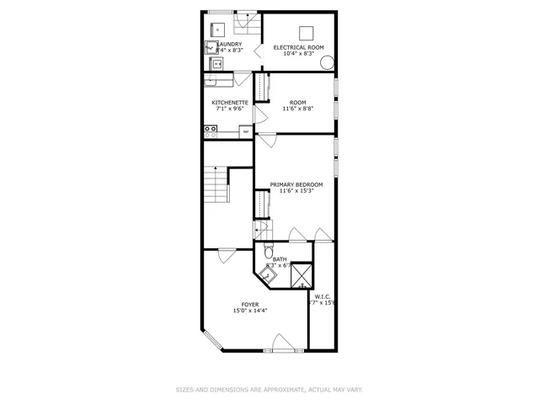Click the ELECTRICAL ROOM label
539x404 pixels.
pyautogui.click(x=298, y=48)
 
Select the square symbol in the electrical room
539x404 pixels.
pyautogui.click(x=308, y=33)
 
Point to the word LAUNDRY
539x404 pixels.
pyautogui.click(x=230, y=45)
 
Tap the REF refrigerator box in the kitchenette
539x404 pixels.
pyautogui.click(x=245, y=131)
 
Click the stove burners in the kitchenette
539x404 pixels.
pyautogui.click(x=211, y=131)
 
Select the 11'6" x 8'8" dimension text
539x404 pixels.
pyautogui.click(x=298, y=109)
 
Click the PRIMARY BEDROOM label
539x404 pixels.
pyautogui.click(x=296, y=184)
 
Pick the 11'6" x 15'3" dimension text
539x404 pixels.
pyautogui.click(x=296, y=191)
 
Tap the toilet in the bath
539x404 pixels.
pyautogui.click(x=268, y=252)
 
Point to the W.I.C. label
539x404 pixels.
pyautogui.click(x=323, y=296)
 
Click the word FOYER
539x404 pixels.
pyautogui.click(x=250, y=304)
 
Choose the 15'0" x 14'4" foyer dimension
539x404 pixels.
pyautogui.click(x=250, y=311)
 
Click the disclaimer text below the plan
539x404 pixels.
pyautogui.click(x=269, y=390)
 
